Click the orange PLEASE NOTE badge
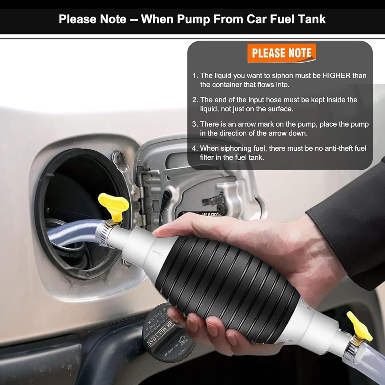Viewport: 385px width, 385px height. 282,53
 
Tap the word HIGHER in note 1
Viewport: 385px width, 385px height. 336,76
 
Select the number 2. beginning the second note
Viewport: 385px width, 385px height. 195,100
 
